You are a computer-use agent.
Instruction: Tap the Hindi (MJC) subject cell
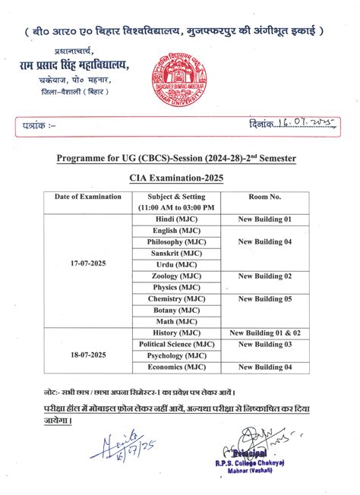(x=176, y=219)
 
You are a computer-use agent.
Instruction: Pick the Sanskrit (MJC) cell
(x=176, y=253)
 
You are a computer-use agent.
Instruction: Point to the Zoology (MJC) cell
(x=176, y=276)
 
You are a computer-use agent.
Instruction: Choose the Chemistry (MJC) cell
(x=176, y=298)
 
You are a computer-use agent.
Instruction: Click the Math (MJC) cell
(x=176, y=321)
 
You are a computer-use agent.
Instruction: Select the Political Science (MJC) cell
(x=176, y=344)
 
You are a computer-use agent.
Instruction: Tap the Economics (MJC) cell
(x=176, y=367)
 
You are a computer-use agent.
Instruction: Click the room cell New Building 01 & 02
(x=265, y=333)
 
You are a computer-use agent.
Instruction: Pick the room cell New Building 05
(x=265, y=298)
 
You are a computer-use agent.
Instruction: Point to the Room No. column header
(x=265, y=197)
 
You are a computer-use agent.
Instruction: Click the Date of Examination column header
(x=87, y=197)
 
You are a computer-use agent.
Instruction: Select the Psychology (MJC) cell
(x=176, y=355)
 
